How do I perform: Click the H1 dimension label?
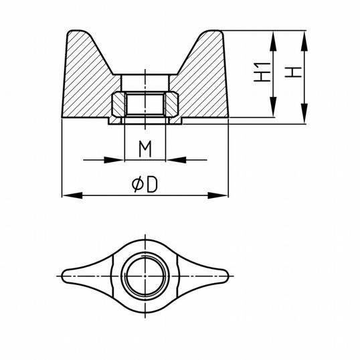coord(262,72)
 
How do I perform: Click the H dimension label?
coord(293,72)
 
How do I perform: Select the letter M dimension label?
coord(145,149)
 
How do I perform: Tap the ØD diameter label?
coord(145,185)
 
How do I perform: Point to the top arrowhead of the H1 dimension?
coord(273,41)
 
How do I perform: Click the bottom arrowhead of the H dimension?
coord(304,113)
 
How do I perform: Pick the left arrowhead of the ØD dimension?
coord(72,195)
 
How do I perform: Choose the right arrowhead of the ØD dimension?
coord(217,195)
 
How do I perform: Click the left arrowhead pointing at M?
coord(114,160)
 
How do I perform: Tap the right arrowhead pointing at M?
coord(176,160)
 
